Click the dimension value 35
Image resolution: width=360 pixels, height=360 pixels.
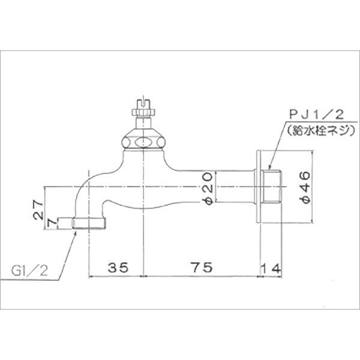tap(118, 268)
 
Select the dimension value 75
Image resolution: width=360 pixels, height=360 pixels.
tap(202, 267)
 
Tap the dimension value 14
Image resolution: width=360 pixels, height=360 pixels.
tap(271, 268)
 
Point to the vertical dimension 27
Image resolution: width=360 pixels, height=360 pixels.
tap(38, 210)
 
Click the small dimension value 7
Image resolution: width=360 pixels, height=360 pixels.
tap(52, 223)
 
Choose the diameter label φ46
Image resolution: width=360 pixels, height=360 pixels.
tap(305, 188)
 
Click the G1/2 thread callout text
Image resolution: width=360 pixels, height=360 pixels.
tap(30, 271)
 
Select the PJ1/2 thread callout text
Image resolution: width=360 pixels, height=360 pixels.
tap(316, 115)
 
